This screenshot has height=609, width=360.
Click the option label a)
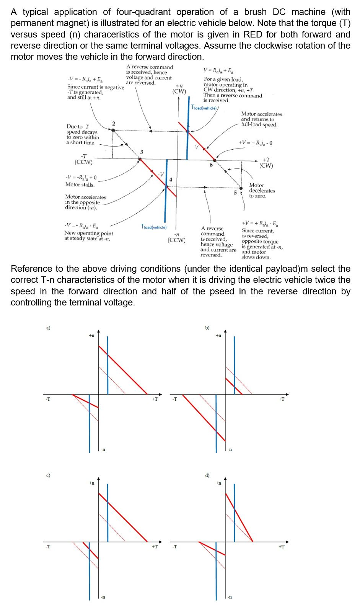(48, 328)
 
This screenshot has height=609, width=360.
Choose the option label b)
(207, 328)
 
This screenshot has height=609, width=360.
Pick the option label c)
(48, 475)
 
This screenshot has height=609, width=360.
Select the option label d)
(207, 475)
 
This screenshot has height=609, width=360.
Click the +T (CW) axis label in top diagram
(266, 163)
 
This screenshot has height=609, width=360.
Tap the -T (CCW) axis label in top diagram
(83, 159)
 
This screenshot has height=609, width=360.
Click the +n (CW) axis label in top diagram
(179, 88)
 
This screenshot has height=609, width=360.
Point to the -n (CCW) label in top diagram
(176, 237)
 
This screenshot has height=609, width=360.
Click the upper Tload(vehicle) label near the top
(204, 108)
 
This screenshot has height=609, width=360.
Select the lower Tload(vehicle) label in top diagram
(153, 227)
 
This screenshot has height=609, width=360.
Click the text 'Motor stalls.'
(80, 184)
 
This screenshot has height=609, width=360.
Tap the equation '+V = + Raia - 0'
(255, 143)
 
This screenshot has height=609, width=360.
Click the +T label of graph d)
(281, 547)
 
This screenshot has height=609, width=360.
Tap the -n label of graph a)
(103, 449)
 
